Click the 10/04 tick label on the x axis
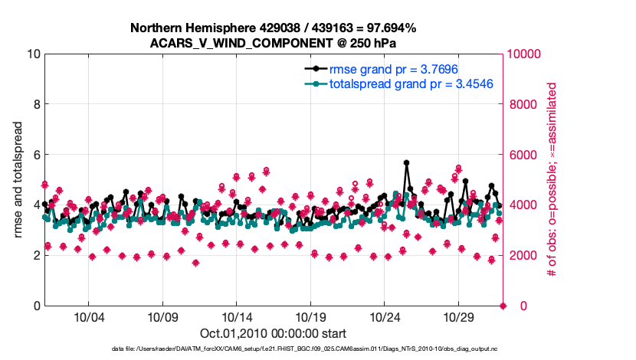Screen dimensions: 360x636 [x=88, y=317]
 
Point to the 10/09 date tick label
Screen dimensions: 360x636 [x=162, y=317]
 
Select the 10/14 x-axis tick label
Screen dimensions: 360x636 [x=237, y=317]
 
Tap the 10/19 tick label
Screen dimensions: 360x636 [x=311, y=317]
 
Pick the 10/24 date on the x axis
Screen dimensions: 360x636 [x=385, y=317]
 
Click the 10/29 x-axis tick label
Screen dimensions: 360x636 [x=460, y=317]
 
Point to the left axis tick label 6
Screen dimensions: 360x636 [x=36, y=155]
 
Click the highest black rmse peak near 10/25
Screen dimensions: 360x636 [x=406, y=162]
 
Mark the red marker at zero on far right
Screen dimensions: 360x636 [x=503, y=306]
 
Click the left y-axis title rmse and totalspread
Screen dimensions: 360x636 [x=18, y=180]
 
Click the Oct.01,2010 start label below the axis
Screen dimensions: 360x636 [x=273, y=334]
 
